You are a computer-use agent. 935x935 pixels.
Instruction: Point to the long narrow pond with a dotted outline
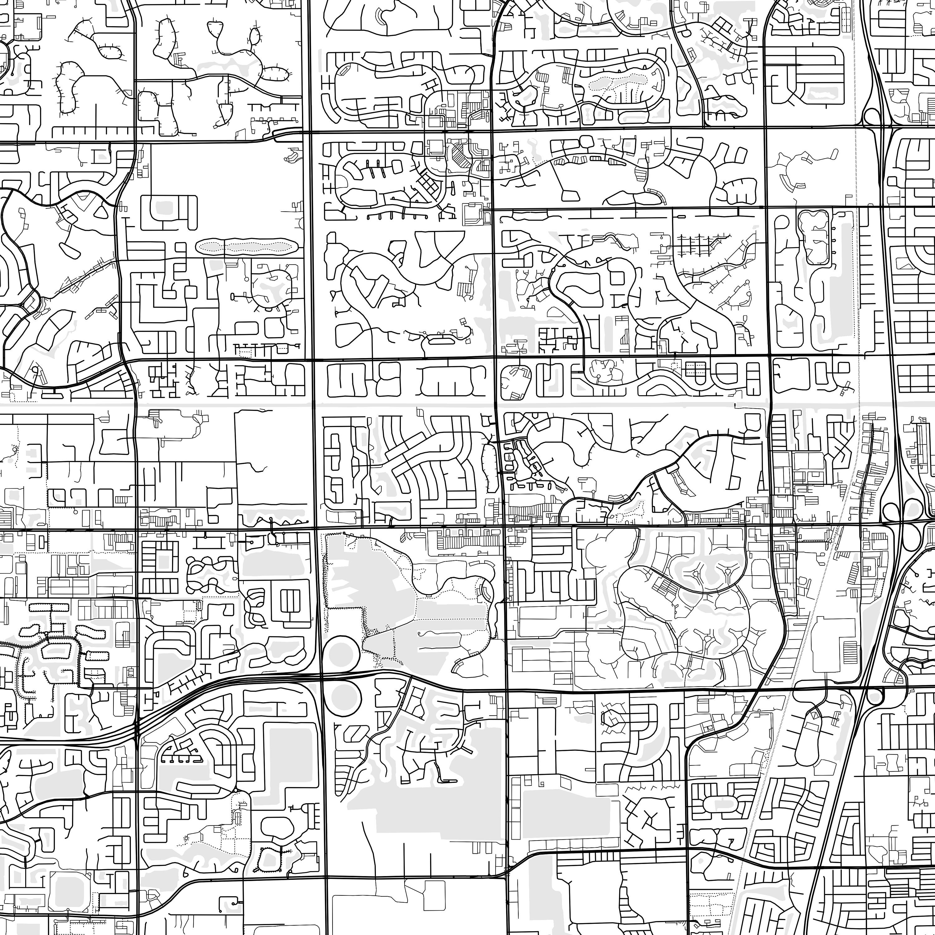pyautogui.click(x=246, y=246)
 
